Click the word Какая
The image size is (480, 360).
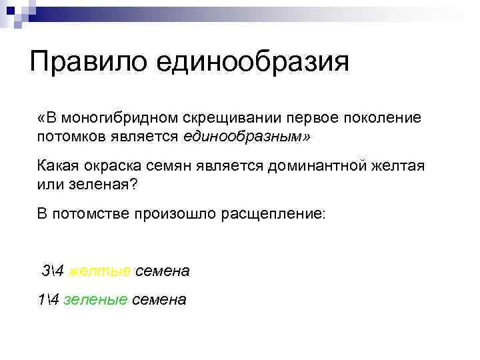(x=58, y=165)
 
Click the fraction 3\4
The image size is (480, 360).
(x=53, y=271)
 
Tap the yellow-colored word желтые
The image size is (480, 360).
(x=99, y=271)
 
